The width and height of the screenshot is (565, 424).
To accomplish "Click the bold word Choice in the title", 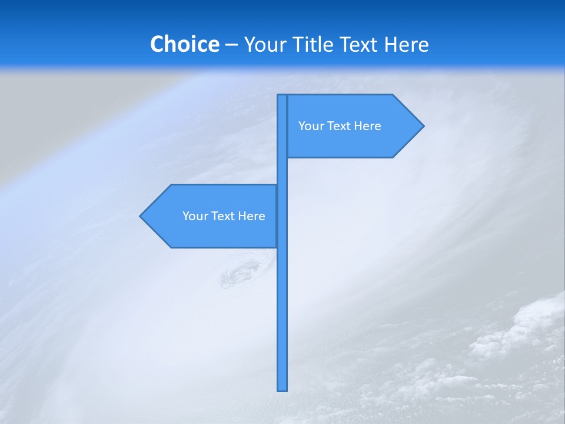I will pyautogui.click(x=184, y=44).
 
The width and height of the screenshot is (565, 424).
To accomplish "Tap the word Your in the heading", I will pyautogui.click(x=266, y=44).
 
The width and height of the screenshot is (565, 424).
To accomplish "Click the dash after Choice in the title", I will pyautogui.click(x=231, y=45).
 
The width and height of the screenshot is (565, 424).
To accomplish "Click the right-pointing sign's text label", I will pyautogui.click(x=340, y=126).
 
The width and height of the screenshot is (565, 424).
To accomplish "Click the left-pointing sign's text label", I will pyautogui.click(x=224, y=216).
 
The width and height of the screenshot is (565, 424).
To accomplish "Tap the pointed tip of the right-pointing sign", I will pyautogui.click(x=422, y=126).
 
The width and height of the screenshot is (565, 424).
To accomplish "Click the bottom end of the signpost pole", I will pyautogui.click(x=282, y=388).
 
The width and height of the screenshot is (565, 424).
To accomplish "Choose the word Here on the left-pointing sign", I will pyautogui.click(x=252, y=216).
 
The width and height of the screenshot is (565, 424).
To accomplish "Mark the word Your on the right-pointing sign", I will pyautogui.click(x=310, y=126).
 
